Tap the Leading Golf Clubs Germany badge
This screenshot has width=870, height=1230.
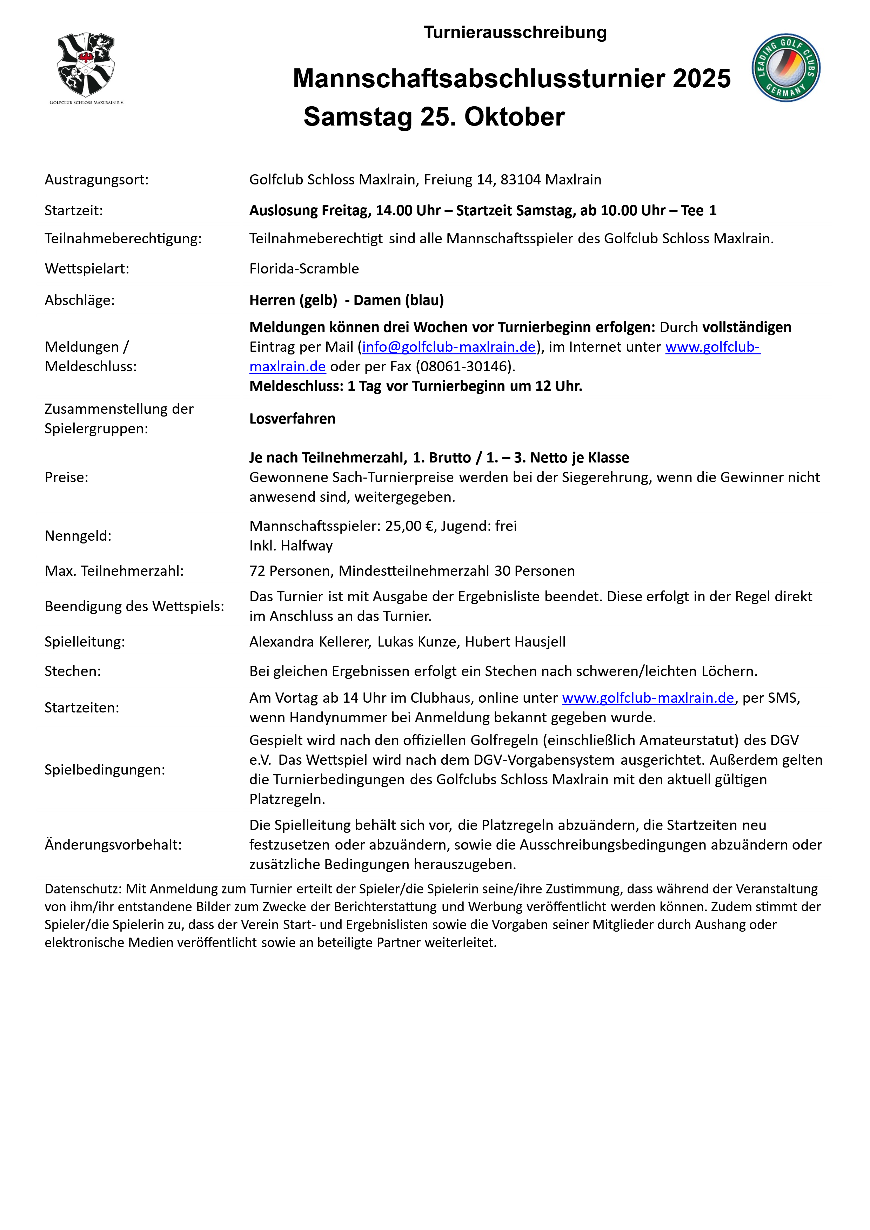pyautogui.click(x=785, y=68)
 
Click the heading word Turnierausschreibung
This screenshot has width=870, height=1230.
pyautogui.click(x=515, y=33)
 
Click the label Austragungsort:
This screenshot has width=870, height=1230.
pyautogui.click(x=96, y=180)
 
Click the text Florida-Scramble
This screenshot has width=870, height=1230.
pyautogui.click(x=304, y=268)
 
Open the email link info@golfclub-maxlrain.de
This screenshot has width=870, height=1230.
pyautogui.click(x=449, y=347)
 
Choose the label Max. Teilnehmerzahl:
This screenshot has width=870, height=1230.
pyautogui.click(x=114, y=571)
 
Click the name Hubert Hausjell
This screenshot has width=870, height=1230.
pyautogui.click(x=515, y=642)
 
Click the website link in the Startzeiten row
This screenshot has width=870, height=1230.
pyautogui.click(x=648, y=698)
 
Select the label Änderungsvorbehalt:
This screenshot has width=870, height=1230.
pyautogui.click(x=113, y=845)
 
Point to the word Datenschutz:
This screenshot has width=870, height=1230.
pyautogui.click(x=83, y=889)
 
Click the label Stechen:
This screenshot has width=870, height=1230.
pyautogui.click(x=72, y=671)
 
